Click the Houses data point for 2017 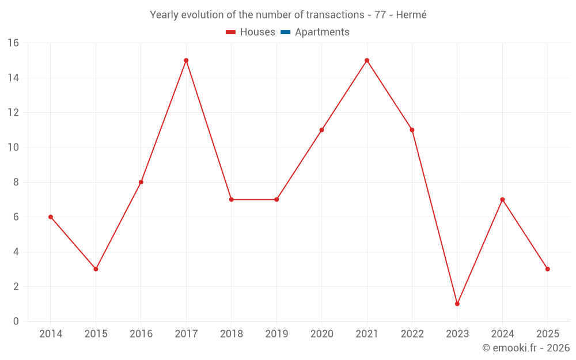186,60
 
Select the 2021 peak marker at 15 367,60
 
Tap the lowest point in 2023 457,304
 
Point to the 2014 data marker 51,217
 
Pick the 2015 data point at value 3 96,269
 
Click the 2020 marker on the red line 321,130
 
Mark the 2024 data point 502,199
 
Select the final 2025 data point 547,269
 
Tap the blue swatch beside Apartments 286,32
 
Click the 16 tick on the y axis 13,43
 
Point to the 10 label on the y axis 13,147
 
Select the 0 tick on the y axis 16,321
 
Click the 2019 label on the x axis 276,334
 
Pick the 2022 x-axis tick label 412,334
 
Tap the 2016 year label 141,334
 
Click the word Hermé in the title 411,15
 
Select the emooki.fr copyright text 526,348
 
